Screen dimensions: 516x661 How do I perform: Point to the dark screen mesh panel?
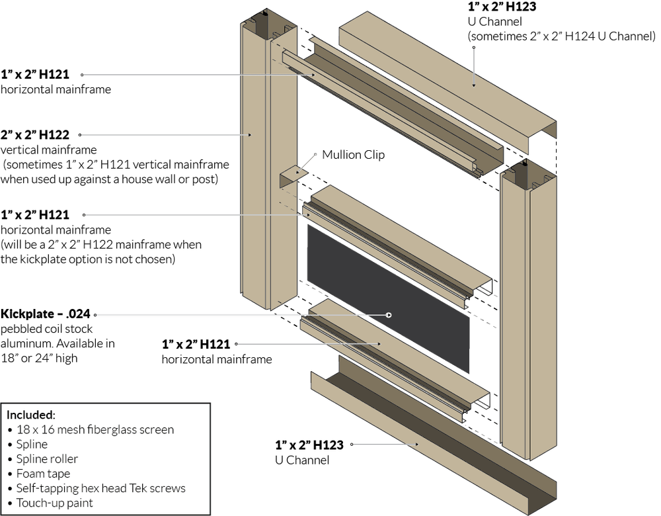tap(390, 298)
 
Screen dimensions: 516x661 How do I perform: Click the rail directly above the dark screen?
tap(397, 238)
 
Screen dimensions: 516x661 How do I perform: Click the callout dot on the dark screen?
tap(390, 315)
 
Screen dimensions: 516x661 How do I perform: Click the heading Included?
tap(31, 415)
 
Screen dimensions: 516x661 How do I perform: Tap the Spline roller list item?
tap(47, 459)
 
